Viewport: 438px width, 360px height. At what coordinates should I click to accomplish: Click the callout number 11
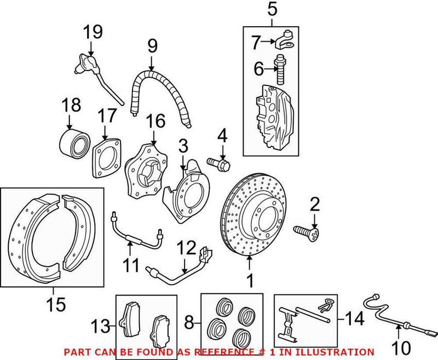point(131,266)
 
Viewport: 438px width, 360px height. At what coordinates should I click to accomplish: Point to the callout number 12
point(185,248)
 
